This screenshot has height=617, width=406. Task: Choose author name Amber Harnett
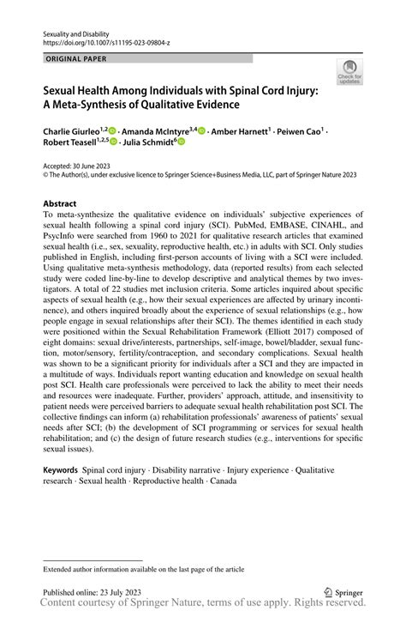click(239, 131)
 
